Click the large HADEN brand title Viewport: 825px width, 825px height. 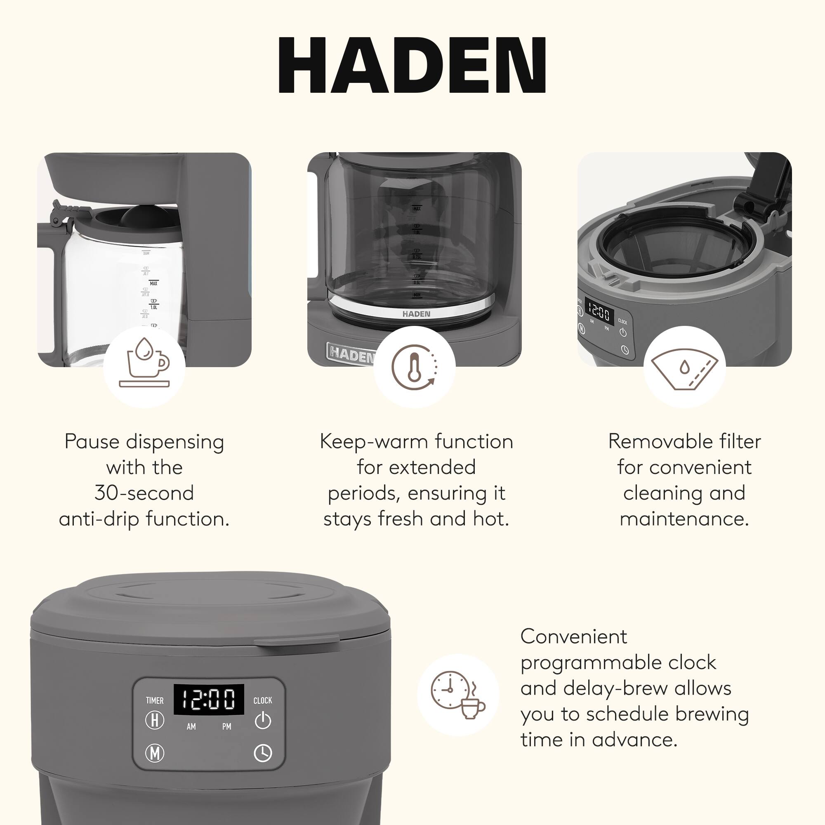(x=412, y=65)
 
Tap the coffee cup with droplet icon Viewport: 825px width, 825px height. (x=144, y=366)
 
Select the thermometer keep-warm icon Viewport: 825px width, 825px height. (x=414, y=366)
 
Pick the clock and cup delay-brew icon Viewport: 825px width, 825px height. (x=458, y=695)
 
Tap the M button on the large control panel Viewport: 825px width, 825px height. (x=155, y=753)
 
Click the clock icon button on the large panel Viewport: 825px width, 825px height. (x=263, y=753)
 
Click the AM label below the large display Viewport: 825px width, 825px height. (x=191, y=726)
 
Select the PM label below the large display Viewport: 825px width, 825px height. (x=227, y=726)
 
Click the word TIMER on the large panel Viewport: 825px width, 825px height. (x=155, y=700)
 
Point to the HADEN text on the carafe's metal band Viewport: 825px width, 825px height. (x=416, y=314)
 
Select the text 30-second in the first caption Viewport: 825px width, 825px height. (x=144, y=493)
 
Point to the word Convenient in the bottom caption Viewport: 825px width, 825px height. (x=573, y=636)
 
